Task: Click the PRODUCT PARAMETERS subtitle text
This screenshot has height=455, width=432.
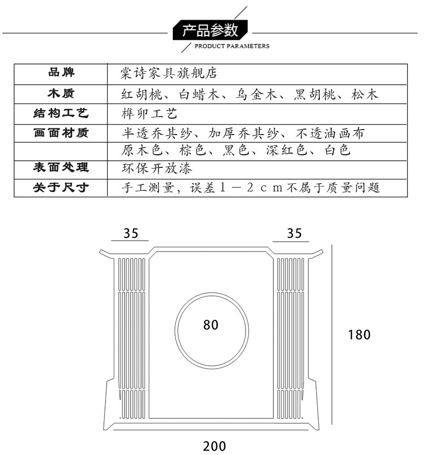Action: [232, 46]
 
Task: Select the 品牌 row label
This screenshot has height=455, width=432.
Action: [61, 73]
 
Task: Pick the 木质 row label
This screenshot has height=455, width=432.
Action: [61, 94]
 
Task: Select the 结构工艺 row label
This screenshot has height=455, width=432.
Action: [61, 114]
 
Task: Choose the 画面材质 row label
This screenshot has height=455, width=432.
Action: [61, 132]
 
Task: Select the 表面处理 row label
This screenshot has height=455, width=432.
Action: [61, 167]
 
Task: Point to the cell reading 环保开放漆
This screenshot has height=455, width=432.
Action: [156, 168]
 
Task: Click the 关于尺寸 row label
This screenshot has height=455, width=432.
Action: [61, 188]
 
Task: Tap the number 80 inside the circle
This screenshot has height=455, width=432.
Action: [211, 325]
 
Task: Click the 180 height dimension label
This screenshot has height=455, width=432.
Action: [359, 334]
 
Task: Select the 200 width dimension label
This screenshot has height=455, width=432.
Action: [214, 446]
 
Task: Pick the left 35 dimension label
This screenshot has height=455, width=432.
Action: [130, 234]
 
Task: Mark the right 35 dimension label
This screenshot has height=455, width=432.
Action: [294, 234]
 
